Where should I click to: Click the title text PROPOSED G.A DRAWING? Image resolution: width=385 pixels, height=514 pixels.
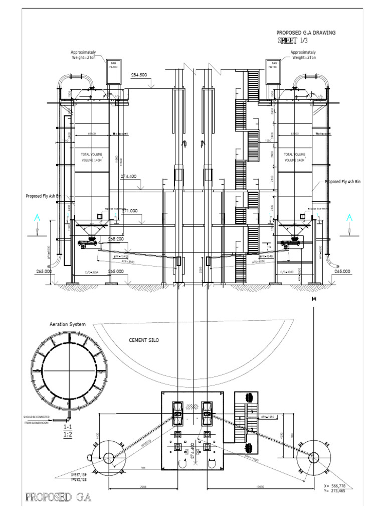click(306, 33)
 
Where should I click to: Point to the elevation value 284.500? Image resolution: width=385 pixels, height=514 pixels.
click(139, 75)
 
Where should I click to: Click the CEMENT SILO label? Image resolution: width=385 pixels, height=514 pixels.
click(144, 340)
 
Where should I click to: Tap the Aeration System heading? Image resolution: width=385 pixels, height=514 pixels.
click(68, 325)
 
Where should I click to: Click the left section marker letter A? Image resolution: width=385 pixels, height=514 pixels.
click(37, 218)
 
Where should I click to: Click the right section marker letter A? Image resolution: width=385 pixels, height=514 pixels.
click(349, 218)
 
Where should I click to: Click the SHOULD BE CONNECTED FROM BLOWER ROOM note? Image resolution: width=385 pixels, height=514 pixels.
click(41, 420)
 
